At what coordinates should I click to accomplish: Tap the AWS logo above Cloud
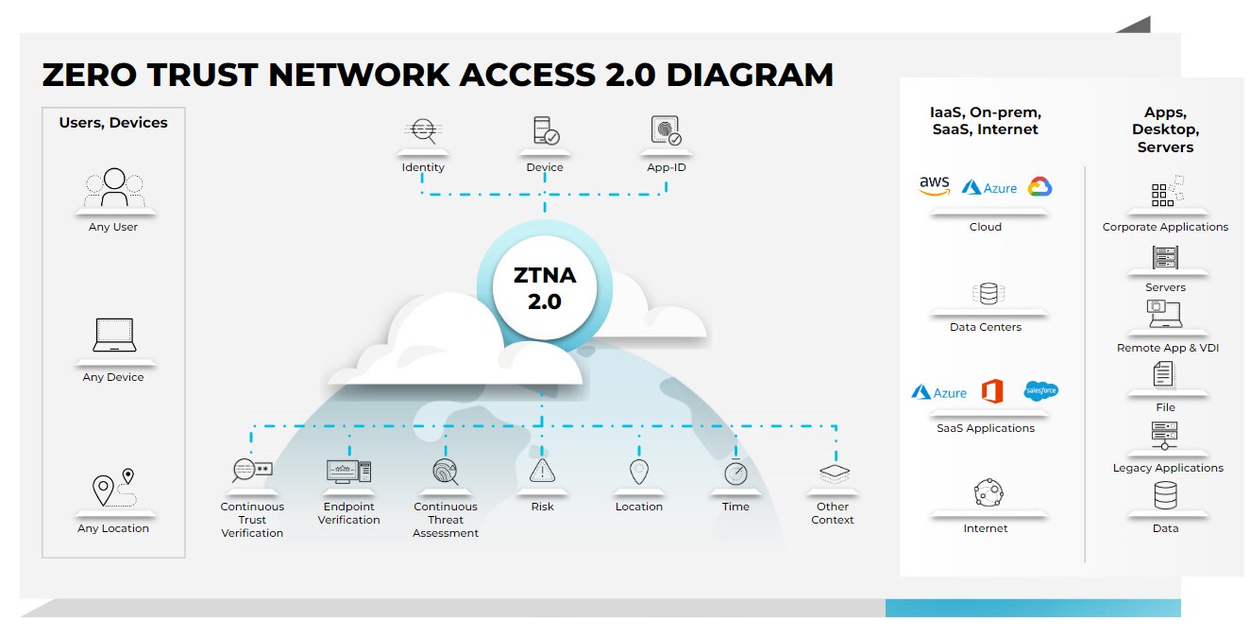(x=934, y=186)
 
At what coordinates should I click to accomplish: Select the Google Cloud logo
(x=1039, y=186)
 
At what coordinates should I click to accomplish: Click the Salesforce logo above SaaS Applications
(x=1040, y=390)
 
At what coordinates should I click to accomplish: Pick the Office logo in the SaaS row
(x=991, y=390)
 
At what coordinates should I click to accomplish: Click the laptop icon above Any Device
(x=114, y=336)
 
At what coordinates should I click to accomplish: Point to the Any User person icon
(x=114, y=187)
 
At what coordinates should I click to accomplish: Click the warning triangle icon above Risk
(x=542, y=471)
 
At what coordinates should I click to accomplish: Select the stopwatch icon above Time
(x=735, y=473)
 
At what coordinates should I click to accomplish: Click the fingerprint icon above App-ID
(x=666, y=130)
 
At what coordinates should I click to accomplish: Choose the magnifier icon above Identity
(x=423, y=131)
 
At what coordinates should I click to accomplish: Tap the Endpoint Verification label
(x=348, y=513)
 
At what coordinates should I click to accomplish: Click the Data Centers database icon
(x=988, y=294)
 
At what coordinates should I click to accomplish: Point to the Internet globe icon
(x=988, y=492)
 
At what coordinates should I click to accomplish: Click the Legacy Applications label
(x=1167, y=468)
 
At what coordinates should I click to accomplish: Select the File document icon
(x=1164, y=374)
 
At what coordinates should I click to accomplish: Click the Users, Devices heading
(x=113, y=123)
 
